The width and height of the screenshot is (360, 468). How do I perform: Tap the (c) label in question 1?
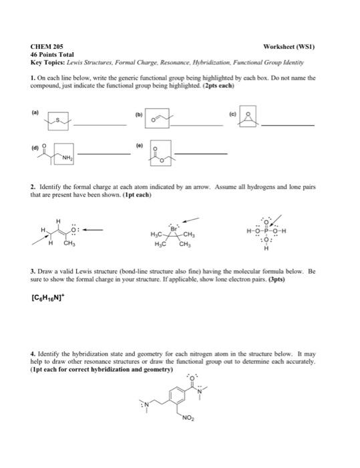tap(232, 114)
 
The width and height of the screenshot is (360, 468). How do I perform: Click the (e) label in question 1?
tap(139, 143)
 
